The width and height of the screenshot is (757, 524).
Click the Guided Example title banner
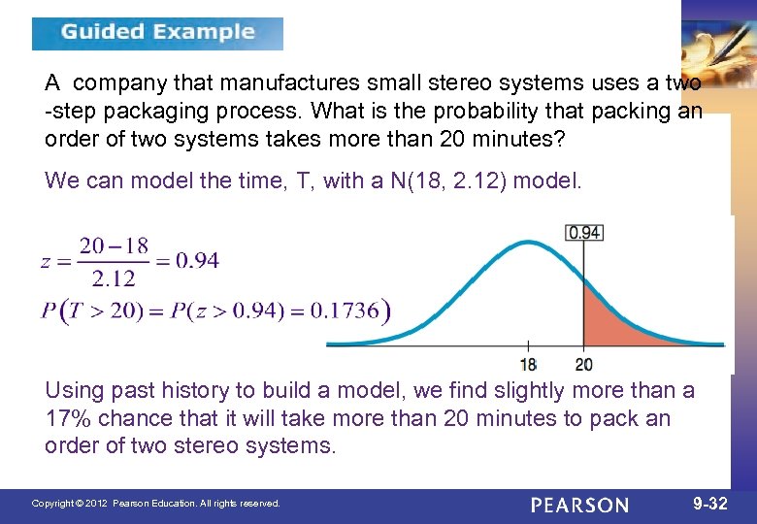[x=157, y=33]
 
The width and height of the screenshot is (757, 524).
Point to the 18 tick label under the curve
[x=528, y=365]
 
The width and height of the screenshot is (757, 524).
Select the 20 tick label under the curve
[x=582, y=365]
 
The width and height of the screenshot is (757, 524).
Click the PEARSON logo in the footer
[x=579, y=505]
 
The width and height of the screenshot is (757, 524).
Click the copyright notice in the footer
[x=156, y=504]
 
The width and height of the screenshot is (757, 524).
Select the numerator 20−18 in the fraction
[x=115, y=246]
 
